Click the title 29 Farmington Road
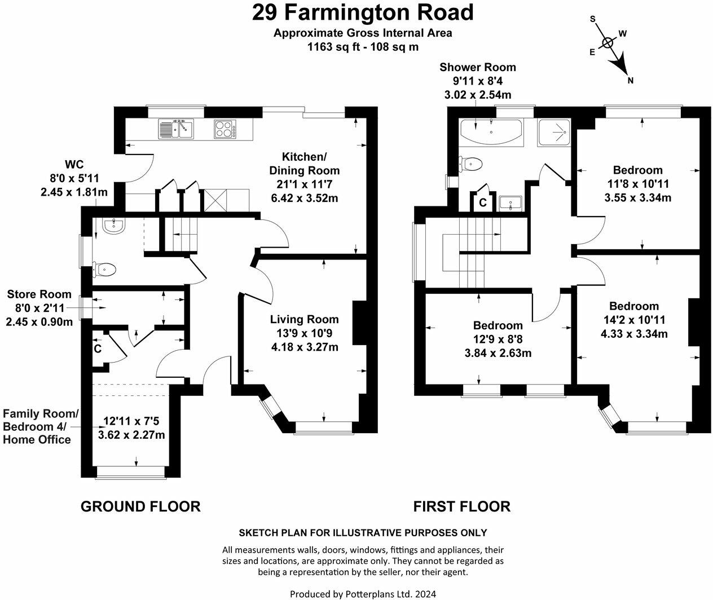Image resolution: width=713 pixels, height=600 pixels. point(363,12)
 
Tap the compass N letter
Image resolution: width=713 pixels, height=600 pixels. point(631,81)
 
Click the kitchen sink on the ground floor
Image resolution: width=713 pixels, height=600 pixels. point(176,129)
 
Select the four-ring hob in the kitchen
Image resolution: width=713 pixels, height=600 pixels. point(225,129)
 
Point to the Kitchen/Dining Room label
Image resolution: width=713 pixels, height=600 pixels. point(305,164)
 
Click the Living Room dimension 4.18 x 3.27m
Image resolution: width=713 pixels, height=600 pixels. point(305,347)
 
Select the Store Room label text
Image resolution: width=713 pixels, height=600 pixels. point(39,294)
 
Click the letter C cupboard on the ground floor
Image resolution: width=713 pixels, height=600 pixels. point(98,349)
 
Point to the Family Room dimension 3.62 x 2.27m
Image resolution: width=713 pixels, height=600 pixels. point(131,435)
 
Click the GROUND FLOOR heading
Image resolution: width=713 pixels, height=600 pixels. point(140,506)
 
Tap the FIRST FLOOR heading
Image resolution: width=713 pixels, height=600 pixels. point(461,506)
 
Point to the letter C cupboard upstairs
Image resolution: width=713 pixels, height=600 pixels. point(483,202)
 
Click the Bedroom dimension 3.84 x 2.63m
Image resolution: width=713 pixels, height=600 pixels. point(498,353)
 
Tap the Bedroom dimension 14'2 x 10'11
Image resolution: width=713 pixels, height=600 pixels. point(634,320)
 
